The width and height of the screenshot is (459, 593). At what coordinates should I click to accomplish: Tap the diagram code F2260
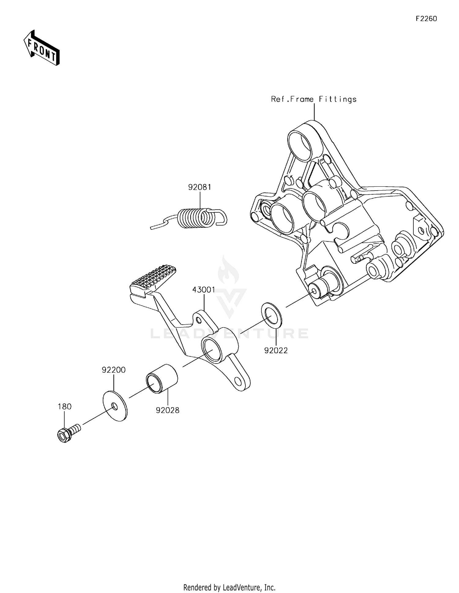pyautogui.click(x=426, y=19)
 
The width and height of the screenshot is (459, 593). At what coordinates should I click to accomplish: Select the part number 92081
pyautogui.click(x=200, y=187)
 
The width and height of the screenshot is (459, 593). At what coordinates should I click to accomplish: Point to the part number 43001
pyautogui.click(x=203, y=290)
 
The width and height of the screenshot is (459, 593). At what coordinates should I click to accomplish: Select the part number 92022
pyautogui.click(x=276, y=351)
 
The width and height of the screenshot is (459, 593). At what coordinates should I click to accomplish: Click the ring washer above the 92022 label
pyautogui.click(x=271, y=315)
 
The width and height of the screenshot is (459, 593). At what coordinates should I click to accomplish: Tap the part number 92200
pyautogui.click(x=114, y=370)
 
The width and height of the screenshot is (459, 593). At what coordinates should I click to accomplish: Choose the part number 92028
pyautogui.click(x=167, y=410)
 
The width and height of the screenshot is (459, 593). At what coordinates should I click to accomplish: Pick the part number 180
pyautogui.click(x=65, y=407)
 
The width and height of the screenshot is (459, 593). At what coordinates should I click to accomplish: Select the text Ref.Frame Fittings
pyautogui.click(x=314, y=99)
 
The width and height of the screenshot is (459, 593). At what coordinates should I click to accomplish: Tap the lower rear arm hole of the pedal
pyautogui.click(x=238, y=381)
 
